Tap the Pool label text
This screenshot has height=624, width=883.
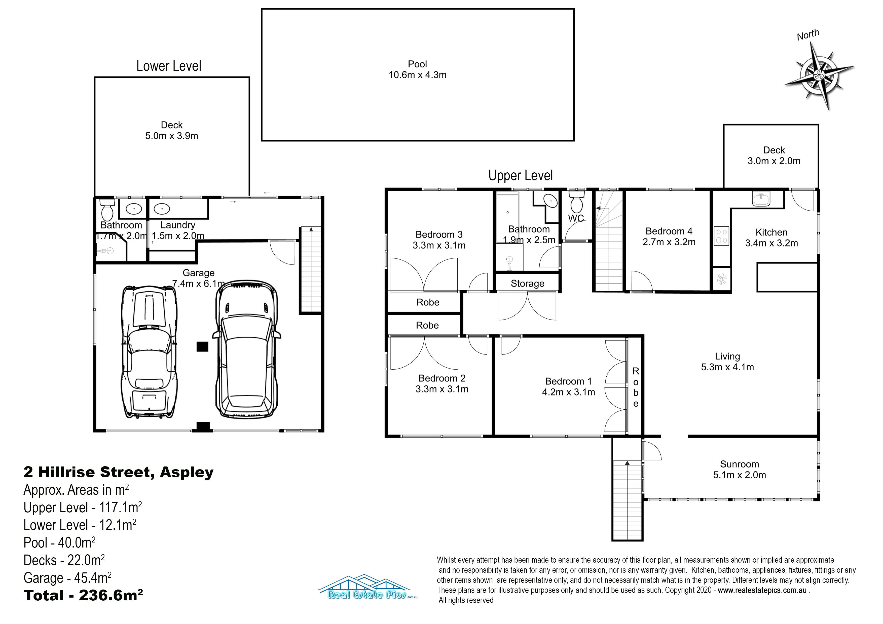tap(417, 64)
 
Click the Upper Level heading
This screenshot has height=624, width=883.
tap(520, 175)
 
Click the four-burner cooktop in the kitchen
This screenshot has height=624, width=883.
tap(721, 236)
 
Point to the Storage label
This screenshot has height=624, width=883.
tap(527, 283)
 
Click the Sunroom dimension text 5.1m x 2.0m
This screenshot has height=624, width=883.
tap(739, 475)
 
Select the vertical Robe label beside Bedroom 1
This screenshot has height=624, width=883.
tap(636, 387)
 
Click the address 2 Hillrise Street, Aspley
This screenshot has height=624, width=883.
tap(119, 472)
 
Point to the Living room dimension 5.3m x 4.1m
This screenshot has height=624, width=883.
tap(727, 367)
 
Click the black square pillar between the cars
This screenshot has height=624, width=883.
tap(202, 346)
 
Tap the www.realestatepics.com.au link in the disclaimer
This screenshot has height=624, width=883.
tap(762, 590)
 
